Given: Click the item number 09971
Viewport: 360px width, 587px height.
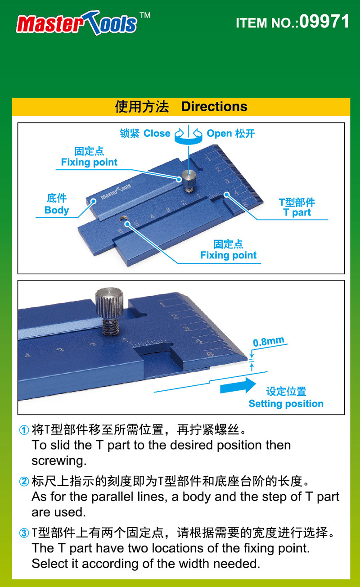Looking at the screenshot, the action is click(x=324, y=21).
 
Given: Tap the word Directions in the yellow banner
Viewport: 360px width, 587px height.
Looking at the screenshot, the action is click(x=214, y=107).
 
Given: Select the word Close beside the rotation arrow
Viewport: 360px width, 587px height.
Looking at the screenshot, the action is click(x=157, y=133).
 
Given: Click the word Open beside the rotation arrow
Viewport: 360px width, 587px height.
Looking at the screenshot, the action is click(x=220, y=133).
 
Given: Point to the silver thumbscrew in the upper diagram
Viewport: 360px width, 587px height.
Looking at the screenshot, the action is click(x=189, y=181).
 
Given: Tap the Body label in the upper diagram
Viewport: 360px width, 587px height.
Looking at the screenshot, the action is click(x=57, y=210).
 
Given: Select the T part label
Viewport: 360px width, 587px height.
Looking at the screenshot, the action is click(x=297, y=212).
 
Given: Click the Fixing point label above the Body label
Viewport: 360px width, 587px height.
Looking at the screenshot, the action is click(x=89, y=162).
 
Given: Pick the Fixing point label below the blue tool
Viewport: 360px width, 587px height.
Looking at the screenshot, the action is click(x=229, y=255).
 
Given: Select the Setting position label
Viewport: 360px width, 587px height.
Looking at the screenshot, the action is click(x=286, y=403).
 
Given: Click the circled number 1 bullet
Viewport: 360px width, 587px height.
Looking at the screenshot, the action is click(x=24, y=430).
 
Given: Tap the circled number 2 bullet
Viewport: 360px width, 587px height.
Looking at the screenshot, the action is click(x=24, y=481).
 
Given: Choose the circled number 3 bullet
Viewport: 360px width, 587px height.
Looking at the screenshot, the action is click(x=24, y=533).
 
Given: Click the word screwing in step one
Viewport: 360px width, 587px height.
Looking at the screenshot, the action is click(x=59, y=461).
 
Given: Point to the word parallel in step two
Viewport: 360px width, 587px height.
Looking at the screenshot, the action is click(x=112, y=497).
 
